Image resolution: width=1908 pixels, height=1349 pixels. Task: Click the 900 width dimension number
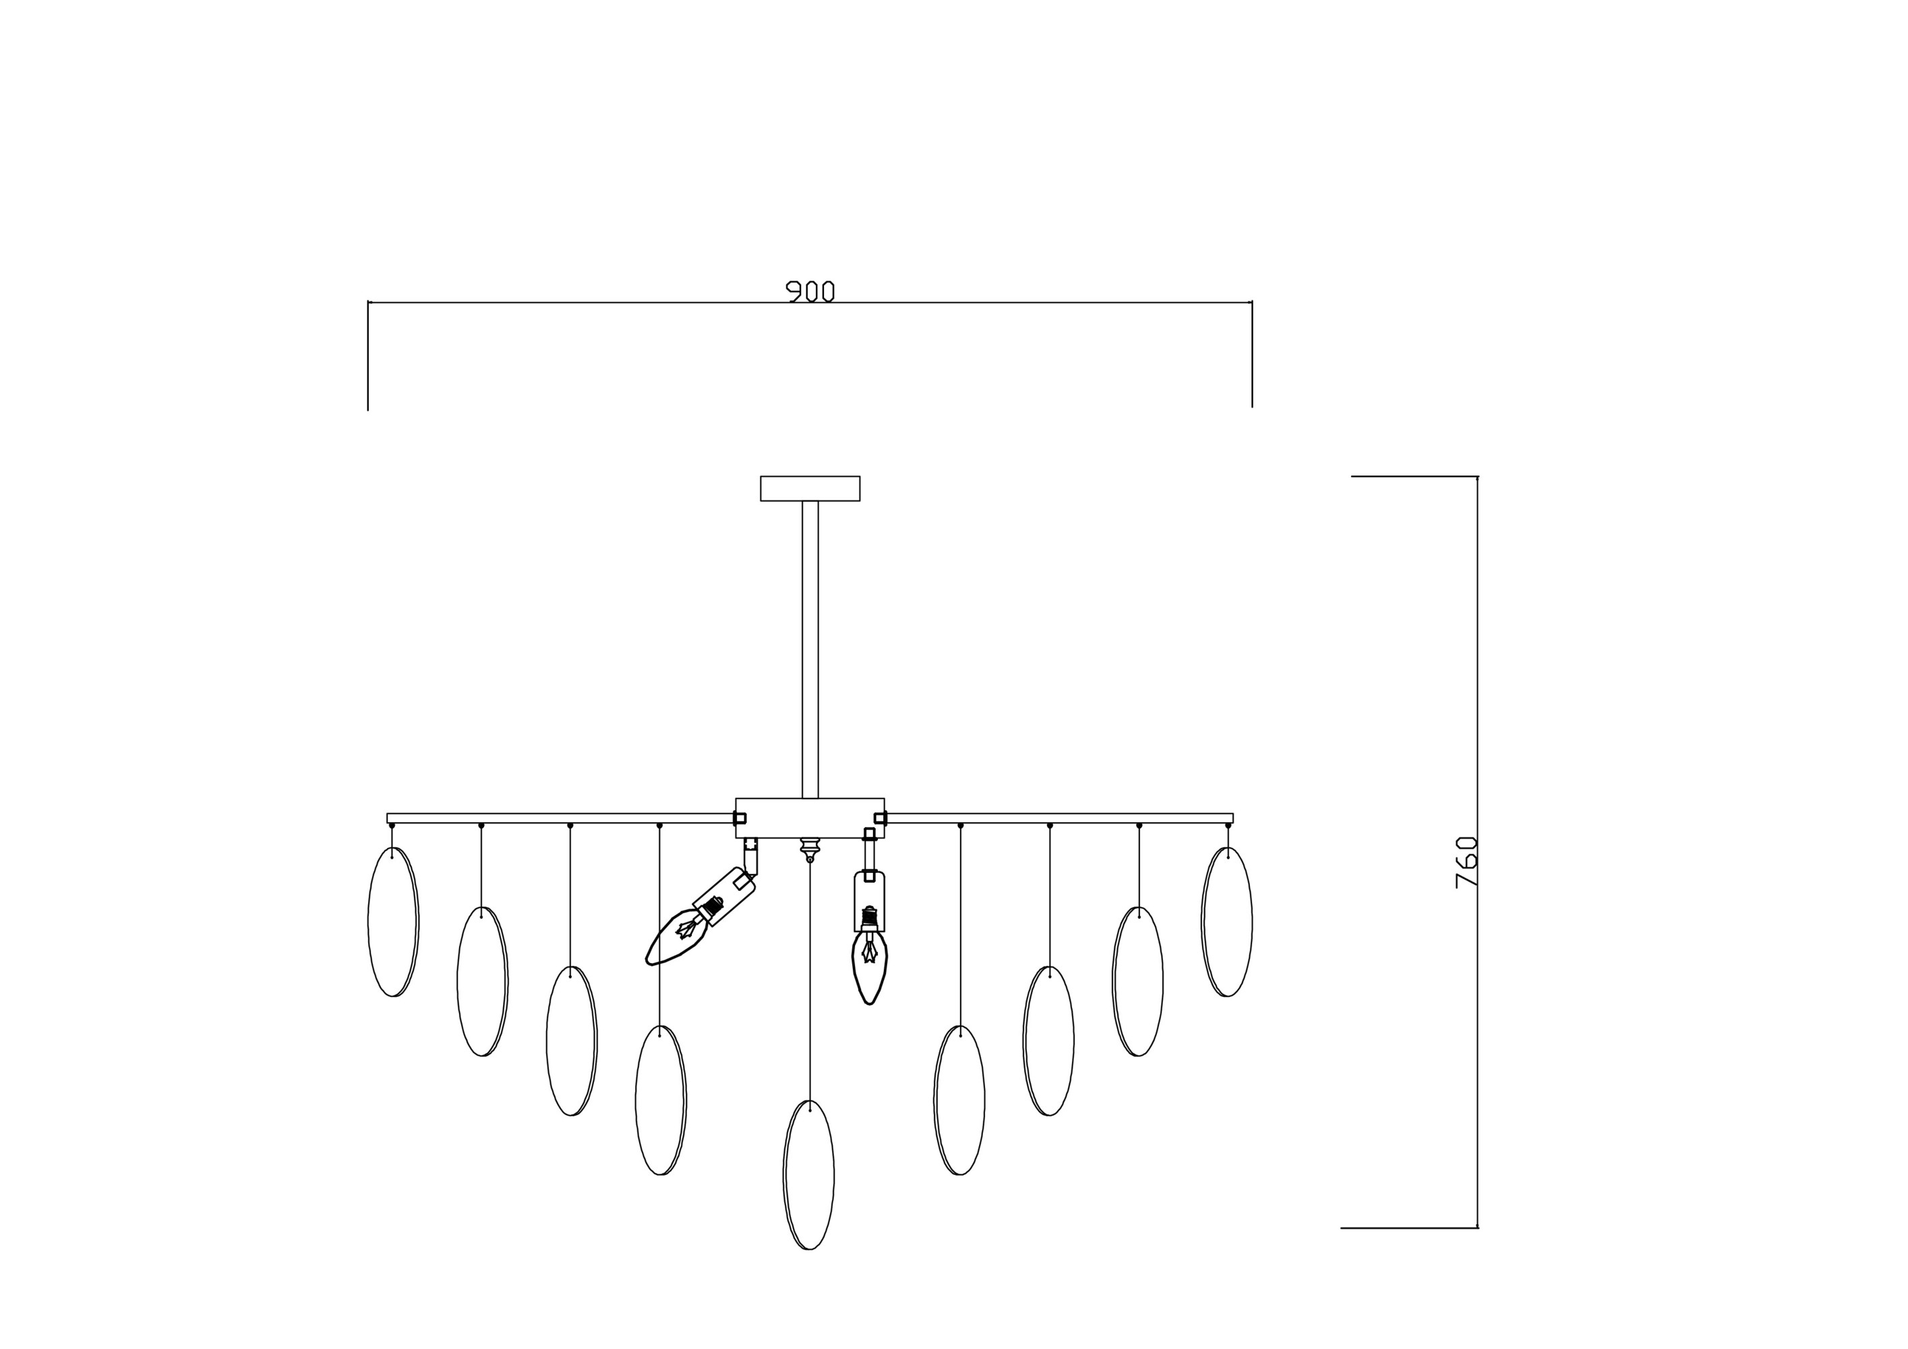(810, 291)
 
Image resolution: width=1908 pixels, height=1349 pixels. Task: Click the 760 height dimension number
(1467, 862)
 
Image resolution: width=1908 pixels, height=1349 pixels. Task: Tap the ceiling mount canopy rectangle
(810, 489)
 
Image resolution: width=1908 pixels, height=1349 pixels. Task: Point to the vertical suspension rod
(810, 649)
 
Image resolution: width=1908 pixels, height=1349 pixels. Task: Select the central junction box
(810, 818)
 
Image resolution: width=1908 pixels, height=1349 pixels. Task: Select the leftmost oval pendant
(393, 922)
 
